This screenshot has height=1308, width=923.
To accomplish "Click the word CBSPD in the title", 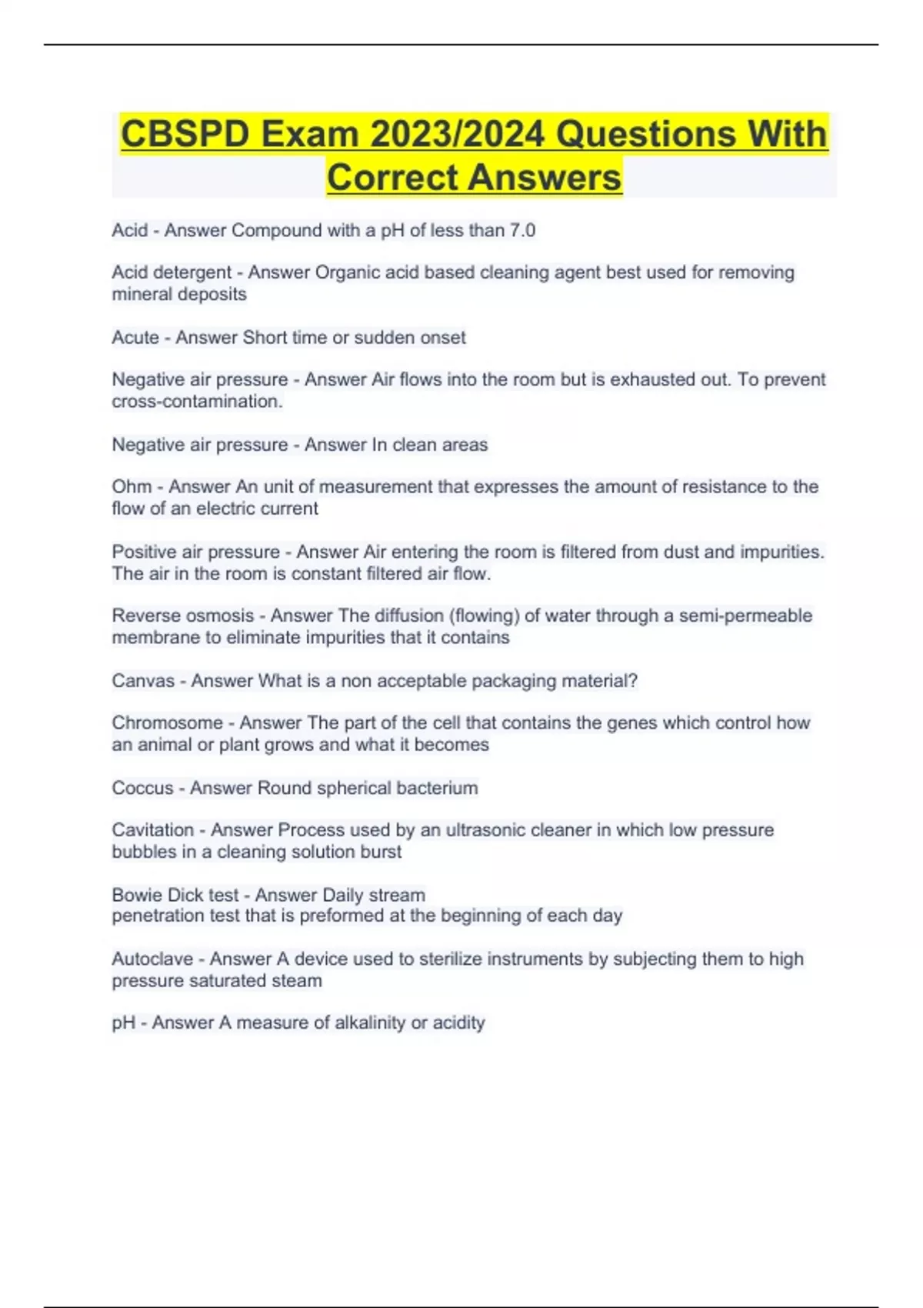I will [x=185, y=134].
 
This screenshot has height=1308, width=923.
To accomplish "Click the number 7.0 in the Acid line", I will [x=522, y=230].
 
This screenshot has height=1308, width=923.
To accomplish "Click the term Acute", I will [x=135, y=338].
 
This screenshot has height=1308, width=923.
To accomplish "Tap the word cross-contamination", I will [x=197, y=402].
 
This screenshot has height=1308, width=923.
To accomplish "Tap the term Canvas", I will [x=143, y=681].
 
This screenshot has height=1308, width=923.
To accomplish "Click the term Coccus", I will [x=142, y=788].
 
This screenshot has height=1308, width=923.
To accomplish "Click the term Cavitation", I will [x=152, y=830].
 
